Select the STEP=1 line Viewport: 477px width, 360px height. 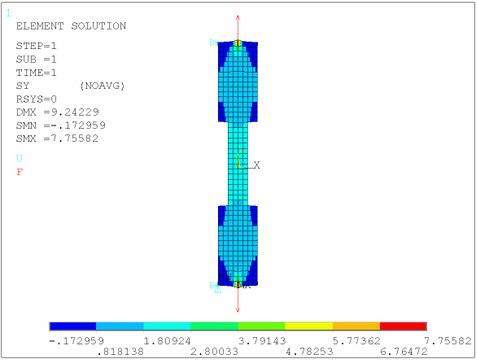[37, 46]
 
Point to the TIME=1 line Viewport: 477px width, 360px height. [37, 72]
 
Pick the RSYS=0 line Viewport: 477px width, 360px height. [37, 98]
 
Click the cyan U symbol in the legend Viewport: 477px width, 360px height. [20, 158]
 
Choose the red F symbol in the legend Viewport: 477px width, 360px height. [20, 172]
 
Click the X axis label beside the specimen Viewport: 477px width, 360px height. [256, 165]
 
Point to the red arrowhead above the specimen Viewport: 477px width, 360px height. [238, 19]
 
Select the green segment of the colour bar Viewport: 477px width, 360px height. [214, 326]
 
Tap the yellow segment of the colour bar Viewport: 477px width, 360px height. [309, 326]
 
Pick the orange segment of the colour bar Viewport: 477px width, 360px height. [356, 326]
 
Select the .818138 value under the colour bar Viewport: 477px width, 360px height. [118, 351]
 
